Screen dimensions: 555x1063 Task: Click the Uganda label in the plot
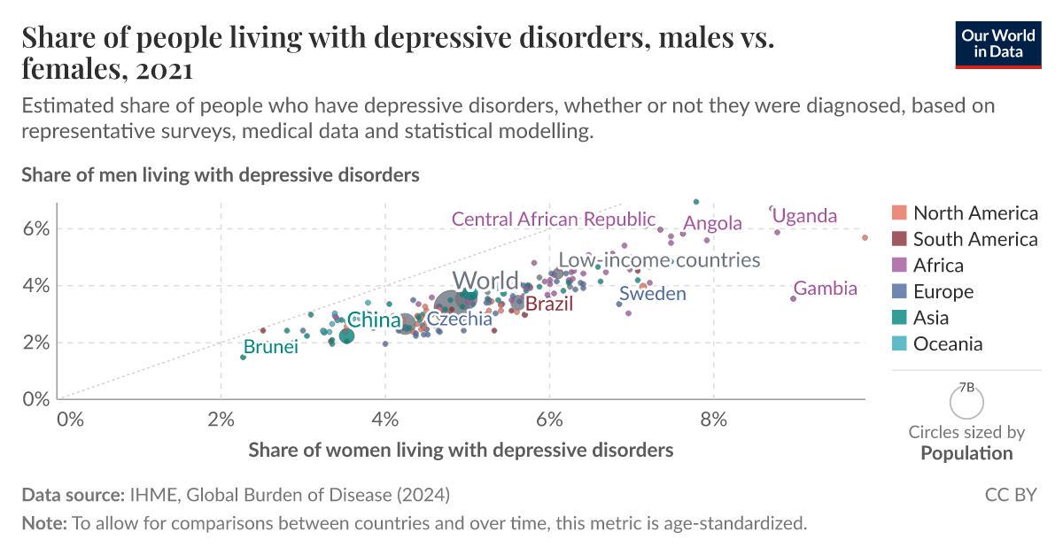pyautogui.click(x=804, y=216)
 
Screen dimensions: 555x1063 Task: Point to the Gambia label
pyautogui.click(x=825, y=289)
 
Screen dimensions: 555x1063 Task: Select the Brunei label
pyautogui.click(x=270, y=347)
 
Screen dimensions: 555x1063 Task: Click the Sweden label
pyautogui.click(x=653, y=294)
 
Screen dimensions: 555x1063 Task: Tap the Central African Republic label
pyautogui.click(x=554, y=219)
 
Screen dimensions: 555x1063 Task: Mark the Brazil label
pyautogui.click(x=549, y=304)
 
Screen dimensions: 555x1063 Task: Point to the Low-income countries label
pyautogui.click(x=659, y=260)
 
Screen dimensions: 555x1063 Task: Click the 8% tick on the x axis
pyautogui.click(x=714, y=417)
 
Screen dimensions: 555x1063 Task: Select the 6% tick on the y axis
pyautogui.click(x=35, y=228)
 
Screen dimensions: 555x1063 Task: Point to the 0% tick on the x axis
pyautogui.click(x=69, y=417)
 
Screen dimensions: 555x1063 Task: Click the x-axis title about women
pyautogui.click(x=461, y=450)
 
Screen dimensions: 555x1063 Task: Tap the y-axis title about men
pyautogui.click(x=220, y=175)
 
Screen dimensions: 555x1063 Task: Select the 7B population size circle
pyautogui.click(x=966, y=403)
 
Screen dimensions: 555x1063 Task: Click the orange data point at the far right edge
pyautogui.click(x=865, y=237)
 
